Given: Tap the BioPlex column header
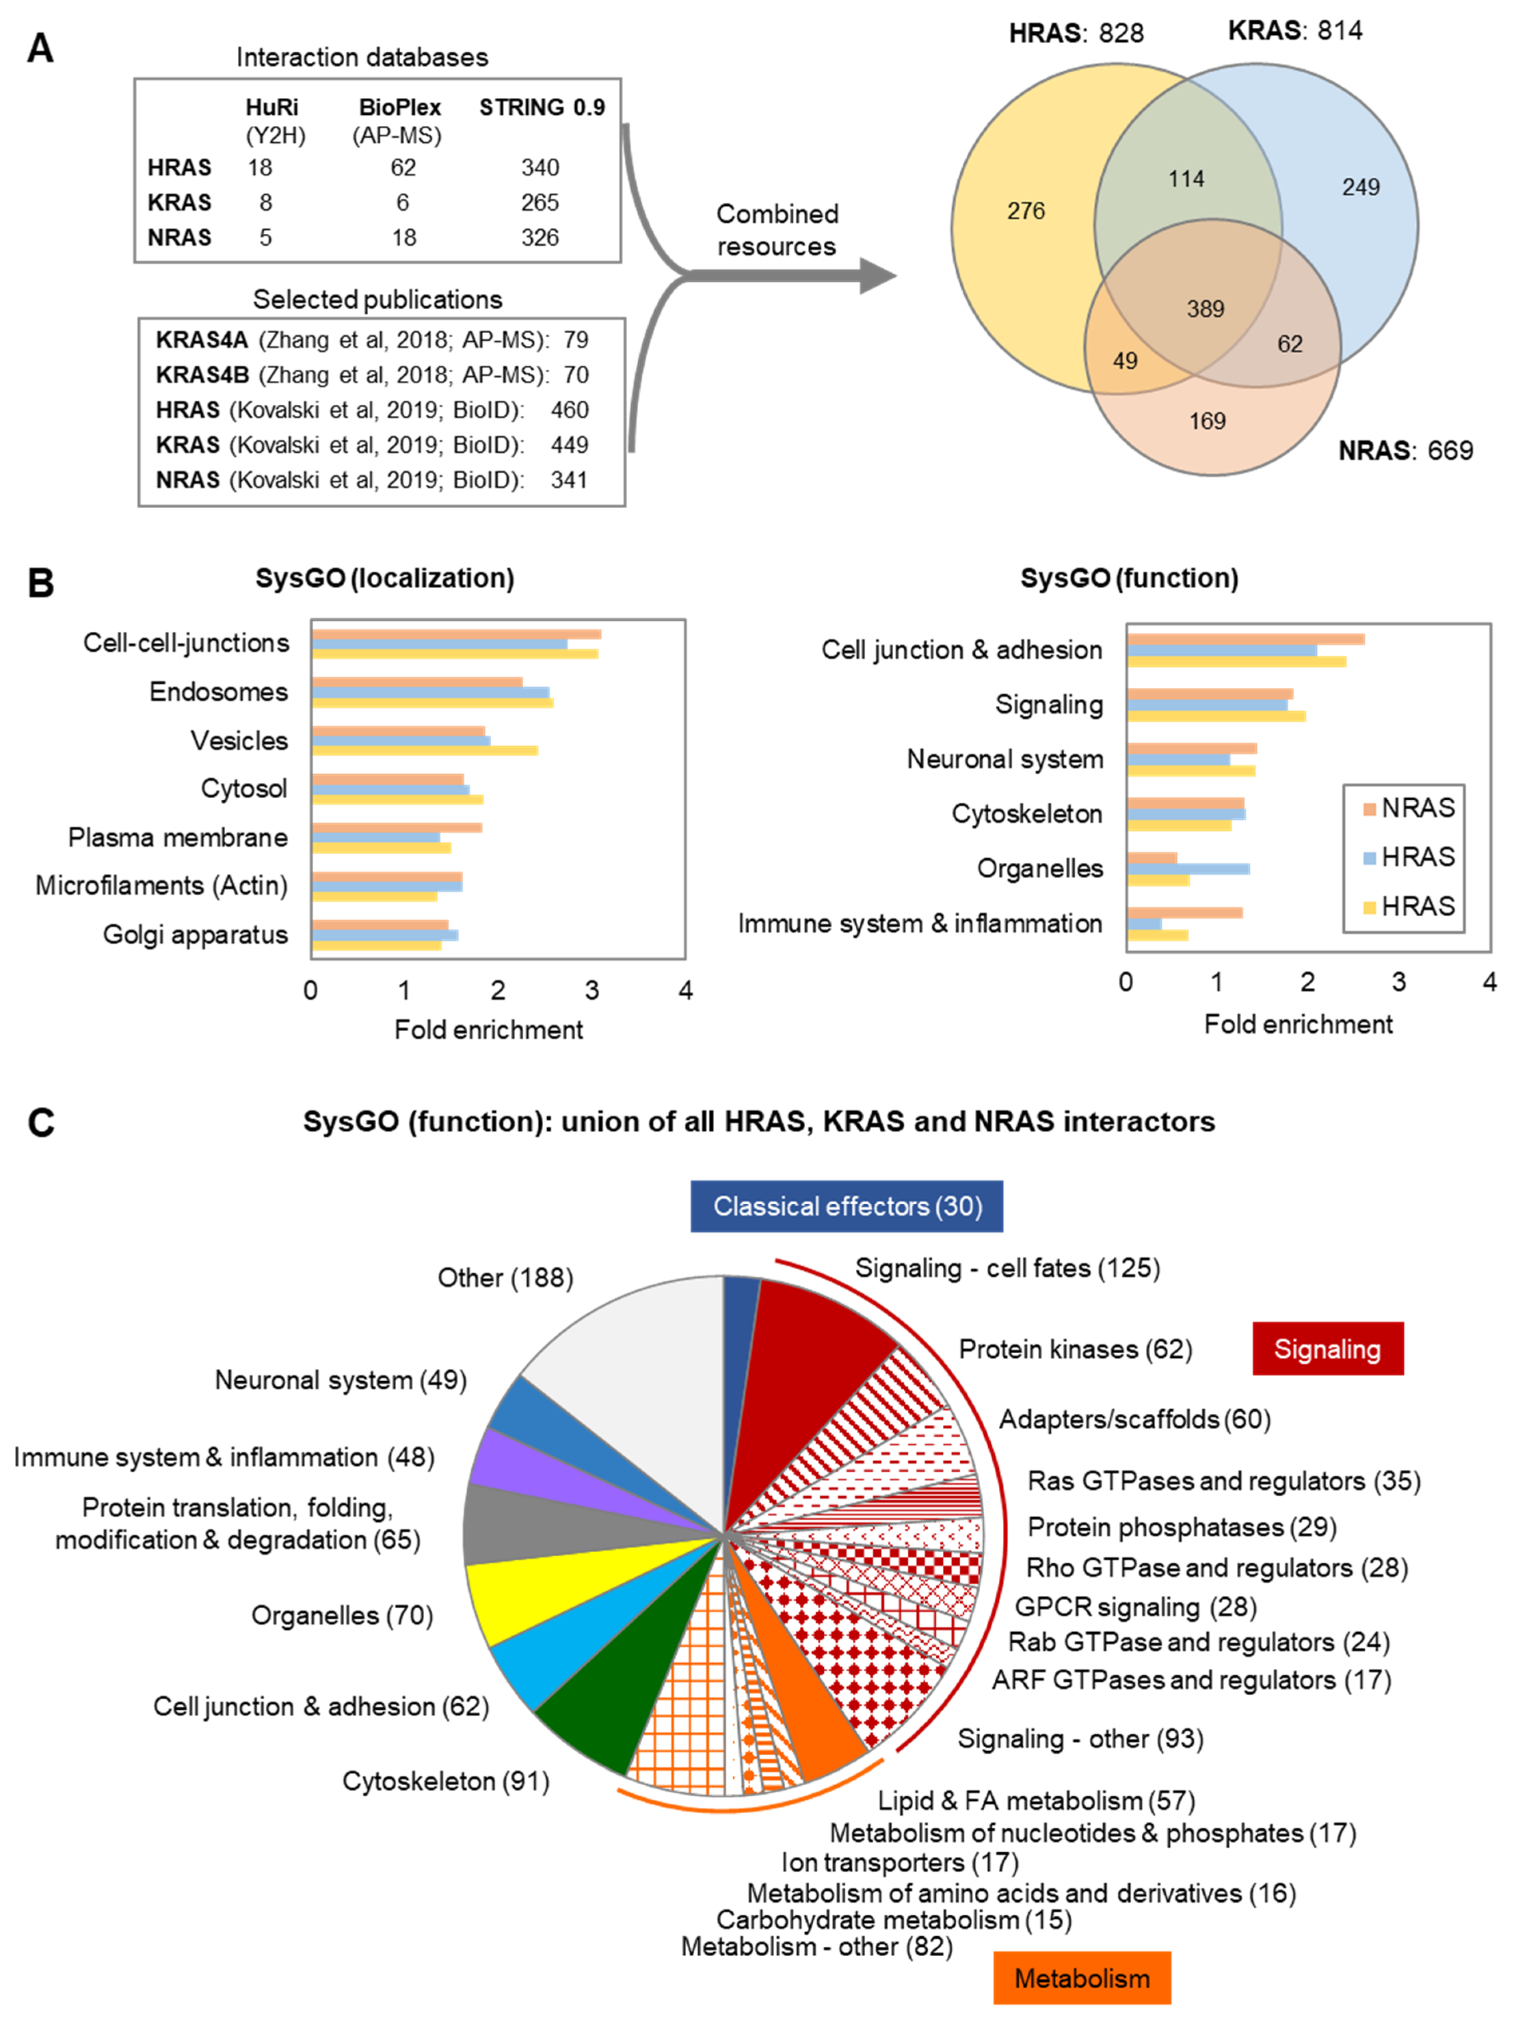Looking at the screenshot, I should (x=399, y=107).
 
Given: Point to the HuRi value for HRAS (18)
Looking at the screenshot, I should (x=260, y=168).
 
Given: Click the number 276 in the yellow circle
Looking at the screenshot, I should (x=1025, y=211).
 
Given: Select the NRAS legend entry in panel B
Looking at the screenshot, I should (x=1408, y=808).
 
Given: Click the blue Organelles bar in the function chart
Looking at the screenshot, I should (x=1188, y=868).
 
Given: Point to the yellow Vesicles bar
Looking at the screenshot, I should (x=425, y=750).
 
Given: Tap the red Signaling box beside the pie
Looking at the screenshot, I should (x=1327, y=1349).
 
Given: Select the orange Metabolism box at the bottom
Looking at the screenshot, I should (x=1082, y=1978).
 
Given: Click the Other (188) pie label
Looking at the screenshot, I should (x=505, y=1277).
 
